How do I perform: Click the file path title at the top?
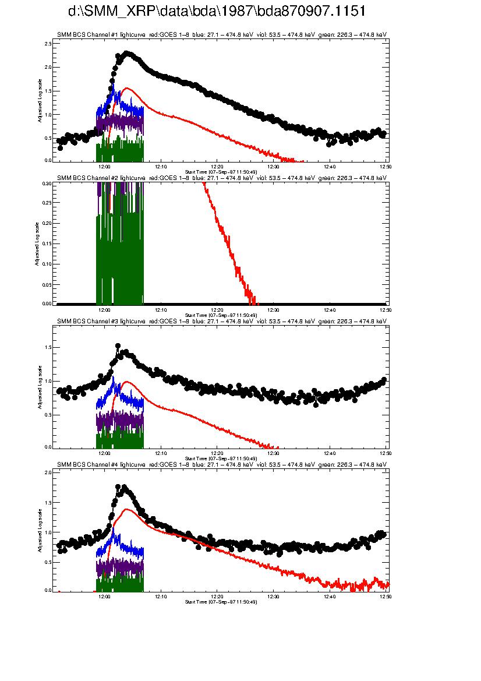click(217, 12)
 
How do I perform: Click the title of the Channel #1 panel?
click(221, 35)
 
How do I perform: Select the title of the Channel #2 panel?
click(221, 178)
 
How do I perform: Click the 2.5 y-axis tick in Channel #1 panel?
click(48, 44)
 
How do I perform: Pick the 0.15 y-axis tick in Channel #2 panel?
click(47, 244)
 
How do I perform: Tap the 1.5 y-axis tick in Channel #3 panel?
click(48, 347)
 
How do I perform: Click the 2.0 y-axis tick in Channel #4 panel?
click(48, 473)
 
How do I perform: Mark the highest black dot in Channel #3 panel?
click(118, 346)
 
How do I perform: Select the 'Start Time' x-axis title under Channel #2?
click(221, 315)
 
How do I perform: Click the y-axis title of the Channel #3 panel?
click(40, 387)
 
